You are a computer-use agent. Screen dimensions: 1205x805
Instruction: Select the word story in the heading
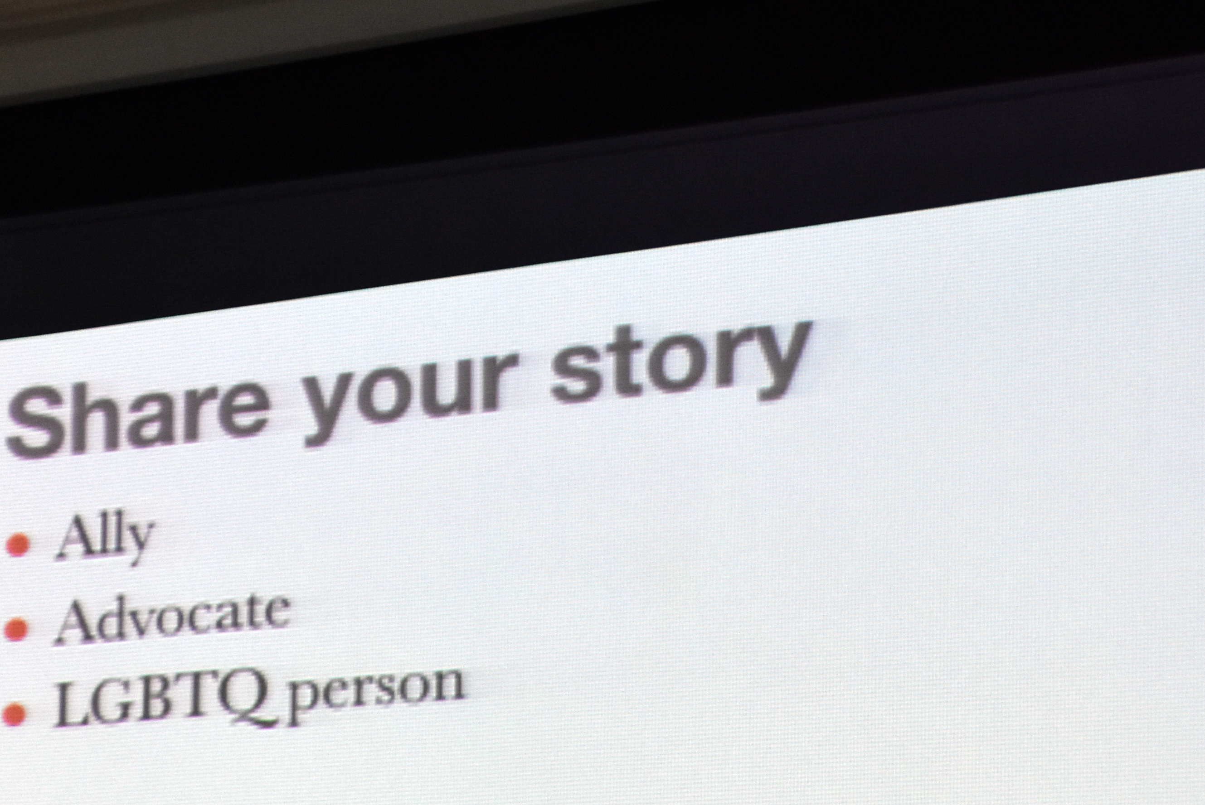click(681, 365)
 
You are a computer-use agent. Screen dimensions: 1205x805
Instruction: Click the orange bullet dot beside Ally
click(18, 545)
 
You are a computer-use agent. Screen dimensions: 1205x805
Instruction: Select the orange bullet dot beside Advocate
click(16, 629)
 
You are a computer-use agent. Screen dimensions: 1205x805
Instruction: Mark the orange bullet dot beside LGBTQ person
click(14, 714)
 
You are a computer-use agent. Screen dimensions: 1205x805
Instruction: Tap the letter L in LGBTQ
click(70, 704)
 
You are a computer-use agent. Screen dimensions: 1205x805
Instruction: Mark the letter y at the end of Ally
click(140, 542)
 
